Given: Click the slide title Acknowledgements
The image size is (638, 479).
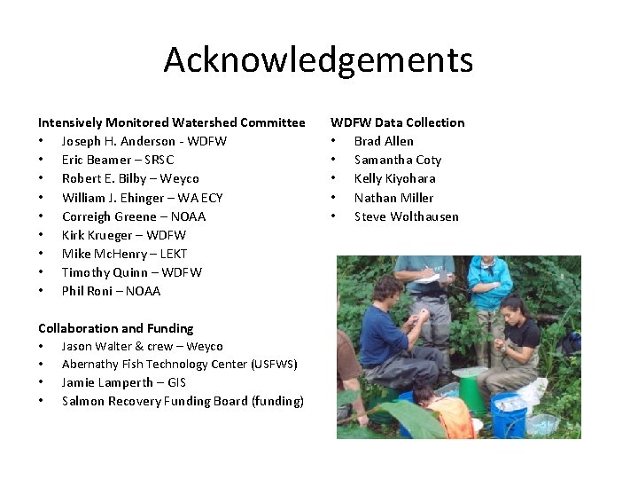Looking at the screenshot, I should click(x=318, y=60).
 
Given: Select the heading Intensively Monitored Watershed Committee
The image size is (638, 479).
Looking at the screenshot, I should click(x=171, y=122).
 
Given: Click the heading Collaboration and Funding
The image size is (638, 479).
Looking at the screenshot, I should click(x=115, y=328).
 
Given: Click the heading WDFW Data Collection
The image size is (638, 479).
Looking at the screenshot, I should click(x=398, y=122).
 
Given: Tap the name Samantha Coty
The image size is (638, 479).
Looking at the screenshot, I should click(x=397, y=160).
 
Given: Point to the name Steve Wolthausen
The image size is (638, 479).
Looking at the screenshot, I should click(x=406, y=216).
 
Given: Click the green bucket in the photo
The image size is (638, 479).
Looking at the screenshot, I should click(x=471, y=389).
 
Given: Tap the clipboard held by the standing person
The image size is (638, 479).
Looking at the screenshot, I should click(x=432, y=277).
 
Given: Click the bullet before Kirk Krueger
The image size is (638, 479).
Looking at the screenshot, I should click(x=41, y=235).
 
